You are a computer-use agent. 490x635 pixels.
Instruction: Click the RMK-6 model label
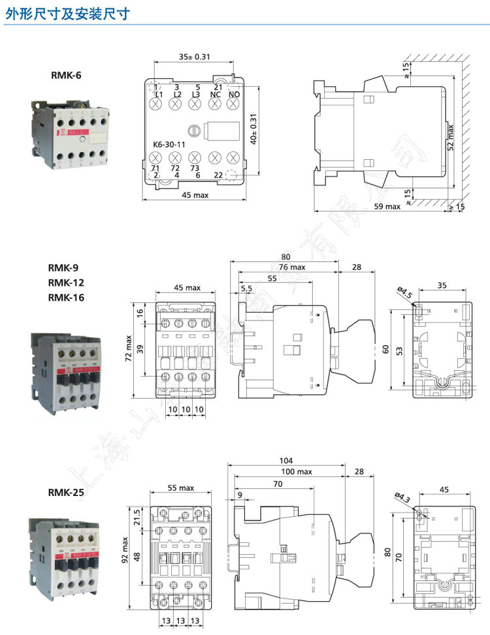click(66, 75)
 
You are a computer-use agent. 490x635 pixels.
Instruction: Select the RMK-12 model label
click(66, 283)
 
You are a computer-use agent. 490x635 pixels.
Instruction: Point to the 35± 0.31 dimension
click(194, 57)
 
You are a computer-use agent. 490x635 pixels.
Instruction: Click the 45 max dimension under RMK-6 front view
click(195, 196)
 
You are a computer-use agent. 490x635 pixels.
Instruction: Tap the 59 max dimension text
click(387, 206)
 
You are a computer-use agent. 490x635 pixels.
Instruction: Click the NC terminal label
click(215, 95)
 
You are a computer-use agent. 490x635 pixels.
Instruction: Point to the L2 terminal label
click(177, 95)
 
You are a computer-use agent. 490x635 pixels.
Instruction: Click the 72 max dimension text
click(129, 350)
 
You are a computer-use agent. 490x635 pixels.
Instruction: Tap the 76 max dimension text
click(292, 267)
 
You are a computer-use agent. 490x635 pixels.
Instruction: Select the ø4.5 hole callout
click(404, 293)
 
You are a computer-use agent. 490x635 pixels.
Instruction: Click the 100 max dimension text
click(297, 472)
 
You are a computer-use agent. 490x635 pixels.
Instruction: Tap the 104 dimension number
click(286, 460)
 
